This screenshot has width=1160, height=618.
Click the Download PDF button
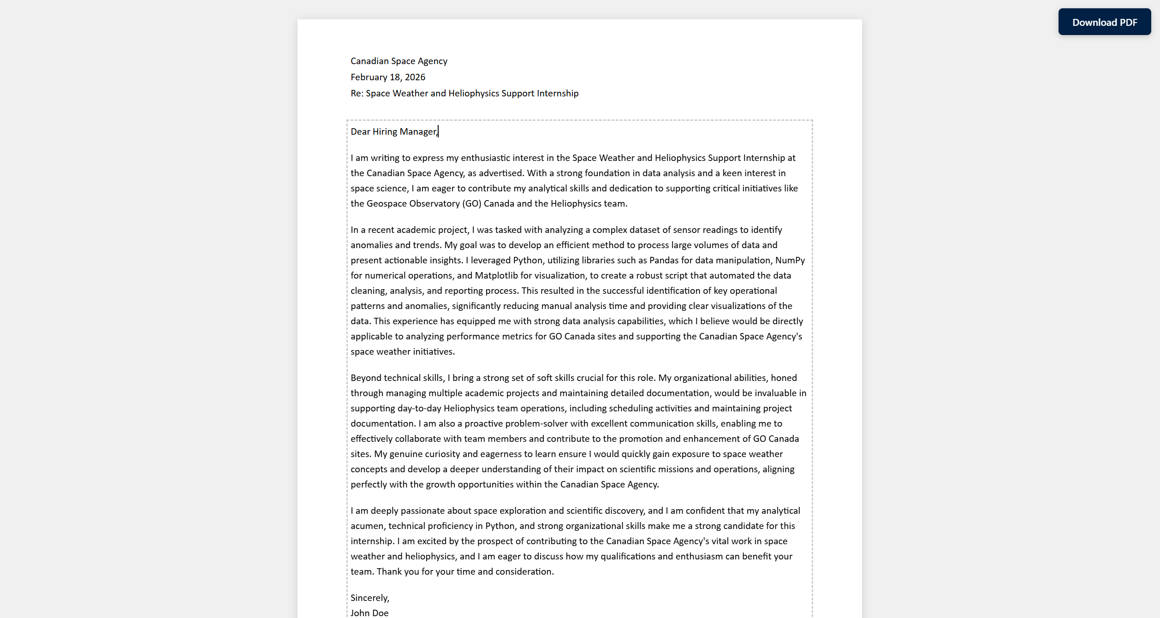1104,22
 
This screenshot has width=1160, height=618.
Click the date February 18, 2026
387,77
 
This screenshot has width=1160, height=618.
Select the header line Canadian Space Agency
399,61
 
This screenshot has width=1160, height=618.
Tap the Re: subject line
464,93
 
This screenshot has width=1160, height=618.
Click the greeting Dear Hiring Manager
393,131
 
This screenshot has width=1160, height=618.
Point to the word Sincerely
369,598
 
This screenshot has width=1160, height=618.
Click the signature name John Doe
369,613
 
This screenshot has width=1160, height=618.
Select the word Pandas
664,260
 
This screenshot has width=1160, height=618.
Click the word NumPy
790,260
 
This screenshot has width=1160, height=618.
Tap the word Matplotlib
496,275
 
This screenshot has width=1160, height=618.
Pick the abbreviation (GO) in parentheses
471,203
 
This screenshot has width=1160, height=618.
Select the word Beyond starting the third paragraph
366,378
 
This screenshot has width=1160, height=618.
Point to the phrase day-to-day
419,408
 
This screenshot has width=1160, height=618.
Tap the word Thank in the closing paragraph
389,571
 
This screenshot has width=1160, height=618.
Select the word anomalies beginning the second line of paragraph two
371,245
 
